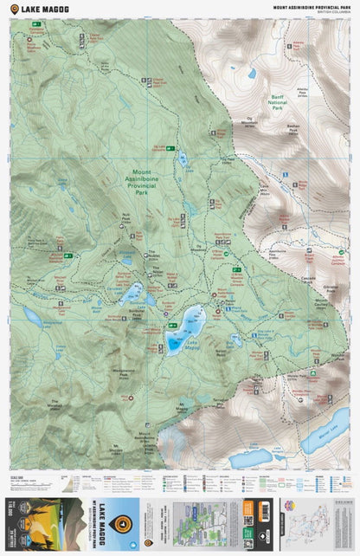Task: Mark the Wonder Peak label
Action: (x=337, y=355)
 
